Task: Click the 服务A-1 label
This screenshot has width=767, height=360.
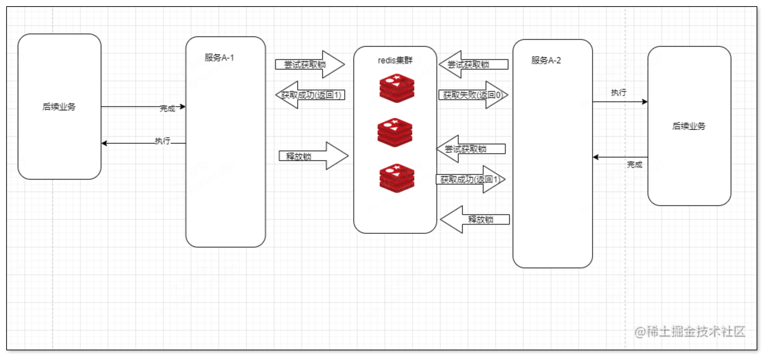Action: tap(219, 58)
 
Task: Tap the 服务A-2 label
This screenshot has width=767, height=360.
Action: tap(546, 61)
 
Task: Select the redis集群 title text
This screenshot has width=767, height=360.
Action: tap(395, 61)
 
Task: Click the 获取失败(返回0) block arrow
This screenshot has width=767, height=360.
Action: tap(473, 95)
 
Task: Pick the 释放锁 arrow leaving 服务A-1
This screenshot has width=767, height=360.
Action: tap(313, 156)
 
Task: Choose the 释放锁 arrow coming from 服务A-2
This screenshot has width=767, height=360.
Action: tap(475, 219)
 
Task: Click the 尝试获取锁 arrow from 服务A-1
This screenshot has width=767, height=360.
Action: tap(309, 64)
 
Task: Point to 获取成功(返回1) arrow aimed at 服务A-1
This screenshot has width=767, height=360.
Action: tap(310, 95)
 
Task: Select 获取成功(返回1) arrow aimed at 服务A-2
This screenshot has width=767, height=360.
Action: tap(470, 179)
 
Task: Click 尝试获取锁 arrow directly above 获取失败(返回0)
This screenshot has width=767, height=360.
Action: tap(473, 64)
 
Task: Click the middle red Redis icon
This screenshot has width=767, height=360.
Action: tap(395, 133)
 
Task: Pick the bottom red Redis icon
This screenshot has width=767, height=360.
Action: tap(397, 178)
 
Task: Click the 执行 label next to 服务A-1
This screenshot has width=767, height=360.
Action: tap(162, 141)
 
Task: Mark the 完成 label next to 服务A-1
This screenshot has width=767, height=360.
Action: tap(167, 109)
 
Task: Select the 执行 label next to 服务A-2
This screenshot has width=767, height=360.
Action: tap(619, 92)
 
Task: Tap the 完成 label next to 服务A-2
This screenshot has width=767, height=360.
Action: tap(634, 165)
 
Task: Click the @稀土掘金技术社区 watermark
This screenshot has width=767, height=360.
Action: tap(689, 332)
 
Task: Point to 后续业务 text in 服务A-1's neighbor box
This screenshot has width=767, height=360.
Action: tap(59, 107)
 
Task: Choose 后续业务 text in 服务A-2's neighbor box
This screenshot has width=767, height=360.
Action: tap(688, 126)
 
